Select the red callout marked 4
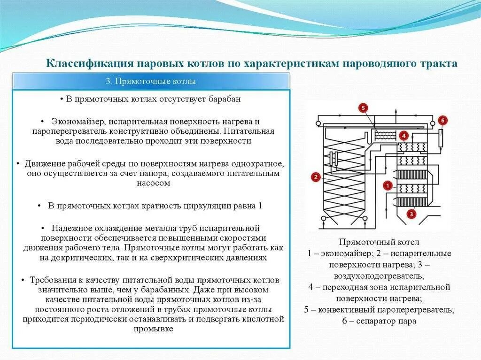coord(403,136)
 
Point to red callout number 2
coord(315,177)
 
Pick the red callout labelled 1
coord(388,185)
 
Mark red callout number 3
coord(411,214)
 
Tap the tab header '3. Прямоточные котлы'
coord(150,82)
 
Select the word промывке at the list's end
coord(154,329)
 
